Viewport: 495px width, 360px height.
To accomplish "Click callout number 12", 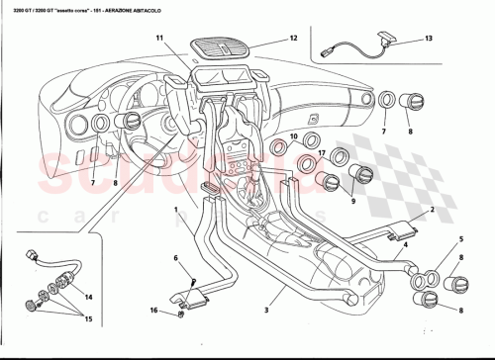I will coord(293,39).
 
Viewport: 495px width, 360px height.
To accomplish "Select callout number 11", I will coord(157,38).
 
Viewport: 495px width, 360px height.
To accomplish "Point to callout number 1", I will coord(176,210).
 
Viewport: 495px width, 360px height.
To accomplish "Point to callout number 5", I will coord(459,240).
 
